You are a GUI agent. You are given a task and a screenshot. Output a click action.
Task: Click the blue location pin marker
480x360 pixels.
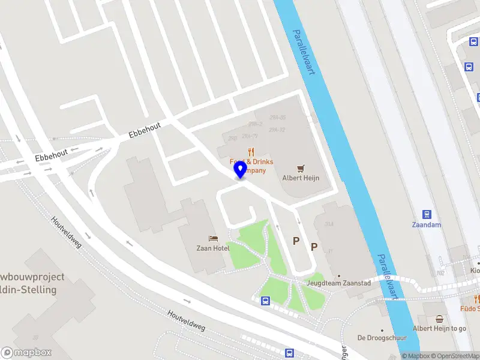pos(241,169)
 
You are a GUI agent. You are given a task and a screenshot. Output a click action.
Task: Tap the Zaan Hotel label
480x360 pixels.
pos(213,248)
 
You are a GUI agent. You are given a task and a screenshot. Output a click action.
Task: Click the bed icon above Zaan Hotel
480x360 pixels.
pos(213,239)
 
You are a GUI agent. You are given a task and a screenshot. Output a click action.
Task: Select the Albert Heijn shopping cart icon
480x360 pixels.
pos(301,168)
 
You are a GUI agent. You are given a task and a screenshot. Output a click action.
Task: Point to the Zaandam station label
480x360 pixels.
pos(427,225)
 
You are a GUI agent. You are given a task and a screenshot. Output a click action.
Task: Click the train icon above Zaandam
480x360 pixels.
pos(427,214)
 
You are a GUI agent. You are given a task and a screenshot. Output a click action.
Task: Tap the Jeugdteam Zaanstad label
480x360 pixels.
pos(338,283)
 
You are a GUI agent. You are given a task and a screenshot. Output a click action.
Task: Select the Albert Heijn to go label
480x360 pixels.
pos(440,328)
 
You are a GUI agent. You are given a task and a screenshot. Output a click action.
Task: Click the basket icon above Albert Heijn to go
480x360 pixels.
pos(440,319)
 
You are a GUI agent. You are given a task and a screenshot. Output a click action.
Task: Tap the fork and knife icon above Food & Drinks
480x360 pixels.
pos(251,152)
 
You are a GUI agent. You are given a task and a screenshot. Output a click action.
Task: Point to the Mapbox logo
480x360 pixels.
pos(26,353)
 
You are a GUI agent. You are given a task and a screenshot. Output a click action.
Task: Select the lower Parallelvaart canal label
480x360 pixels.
pos(388,277)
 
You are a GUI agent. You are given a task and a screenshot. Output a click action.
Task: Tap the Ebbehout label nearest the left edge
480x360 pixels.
pos(50,156)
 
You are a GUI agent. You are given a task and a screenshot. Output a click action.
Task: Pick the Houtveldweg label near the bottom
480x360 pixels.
pos(187,321)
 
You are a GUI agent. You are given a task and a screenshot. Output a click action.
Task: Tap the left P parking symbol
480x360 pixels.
pos(295,241)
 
